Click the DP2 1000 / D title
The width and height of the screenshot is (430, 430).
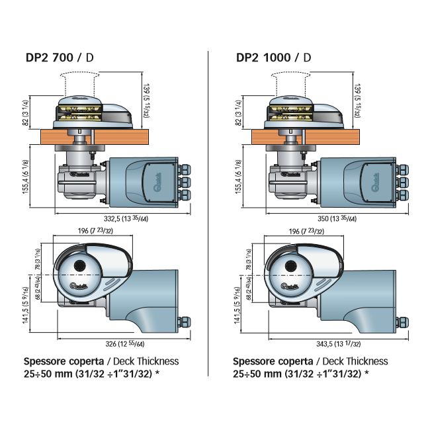pos(273,57)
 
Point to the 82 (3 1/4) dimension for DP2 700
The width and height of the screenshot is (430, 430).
pos(25,112)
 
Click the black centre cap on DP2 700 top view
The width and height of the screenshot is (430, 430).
pos(80,266)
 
